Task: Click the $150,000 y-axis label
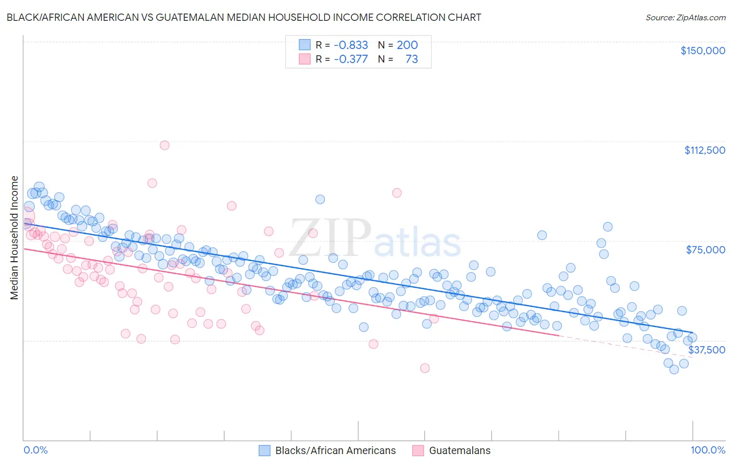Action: tap(702, 51)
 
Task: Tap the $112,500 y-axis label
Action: tap(704, 150)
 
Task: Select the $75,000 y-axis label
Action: tap(705, 250)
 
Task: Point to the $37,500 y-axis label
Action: tap(706, 350)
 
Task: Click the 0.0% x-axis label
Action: tap(35, 450)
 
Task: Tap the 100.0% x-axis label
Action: tap(708, 450)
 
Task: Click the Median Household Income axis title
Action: tap(14, 238)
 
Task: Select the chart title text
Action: tap(244, 17)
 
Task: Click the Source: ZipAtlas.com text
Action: tap(685, 17)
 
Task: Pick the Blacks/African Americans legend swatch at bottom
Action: tap(264, 450)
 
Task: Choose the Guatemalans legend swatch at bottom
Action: tap(418, 450)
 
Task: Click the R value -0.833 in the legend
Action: tap(351, 45)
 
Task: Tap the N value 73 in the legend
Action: tap(411, 59)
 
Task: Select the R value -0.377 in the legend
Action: tap(351, 59)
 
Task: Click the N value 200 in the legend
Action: tap(407, 45)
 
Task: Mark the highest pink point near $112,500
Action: tap(165, 145)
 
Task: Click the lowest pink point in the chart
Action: tap(425, 368)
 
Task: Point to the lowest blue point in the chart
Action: tap(674, 369)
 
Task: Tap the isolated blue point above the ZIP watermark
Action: tap(320, 199)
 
